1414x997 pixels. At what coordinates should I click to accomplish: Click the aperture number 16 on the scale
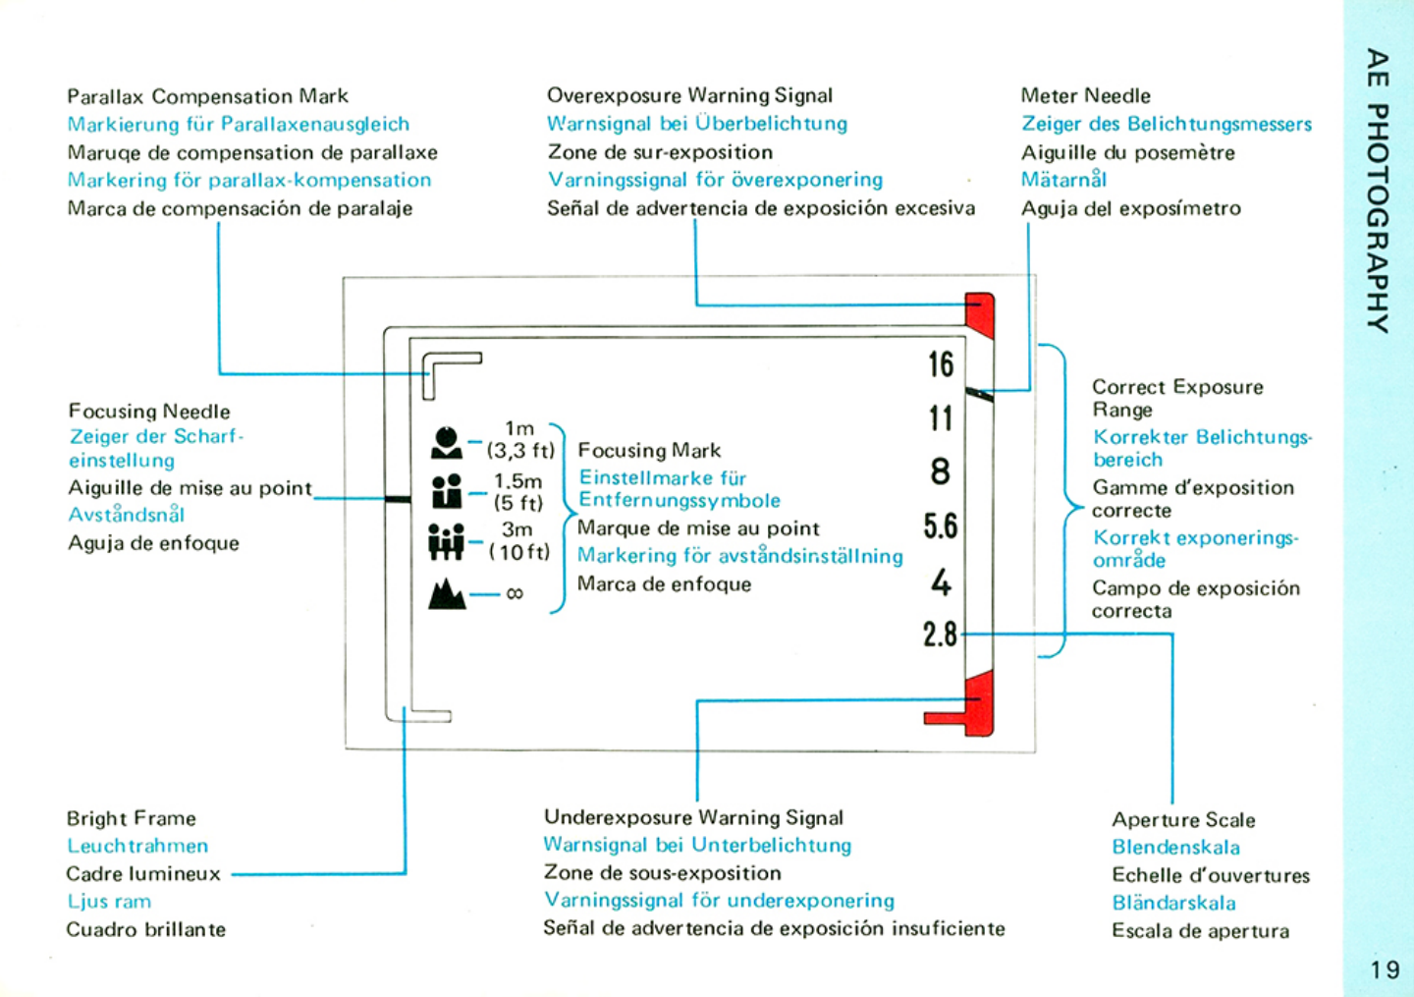(941, 364)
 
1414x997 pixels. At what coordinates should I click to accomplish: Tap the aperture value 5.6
(940, 526)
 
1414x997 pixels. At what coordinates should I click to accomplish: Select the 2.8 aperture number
(940, 635)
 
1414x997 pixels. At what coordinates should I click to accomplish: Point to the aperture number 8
(941, 472)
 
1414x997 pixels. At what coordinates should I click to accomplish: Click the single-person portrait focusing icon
(446, 443)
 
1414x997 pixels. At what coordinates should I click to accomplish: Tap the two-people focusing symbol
(447, 491)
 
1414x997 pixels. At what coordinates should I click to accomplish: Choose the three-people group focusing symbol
(446, 541)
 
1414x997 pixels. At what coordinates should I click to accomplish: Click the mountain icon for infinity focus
(447, 594)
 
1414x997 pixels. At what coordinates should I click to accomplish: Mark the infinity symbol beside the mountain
(515, 594)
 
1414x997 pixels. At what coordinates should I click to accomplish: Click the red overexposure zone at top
(980, 315)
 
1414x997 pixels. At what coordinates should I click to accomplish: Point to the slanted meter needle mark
(979, 394)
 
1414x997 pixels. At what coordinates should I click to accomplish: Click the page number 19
(1385, 970)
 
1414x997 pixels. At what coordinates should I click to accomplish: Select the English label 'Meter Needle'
(1085, 96)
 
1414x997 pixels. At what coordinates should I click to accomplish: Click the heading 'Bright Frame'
(132, 818)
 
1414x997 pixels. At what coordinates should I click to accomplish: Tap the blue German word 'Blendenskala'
(1175, 848)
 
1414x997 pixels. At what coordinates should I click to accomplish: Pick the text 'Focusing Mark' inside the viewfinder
(649, 451)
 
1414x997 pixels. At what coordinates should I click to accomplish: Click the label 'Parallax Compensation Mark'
(207, 96)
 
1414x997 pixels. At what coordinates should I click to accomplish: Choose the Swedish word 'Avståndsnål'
(127, 515)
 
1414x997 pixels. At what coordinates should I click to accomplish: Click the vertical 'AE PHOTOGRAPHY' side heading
(1379, 191)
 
